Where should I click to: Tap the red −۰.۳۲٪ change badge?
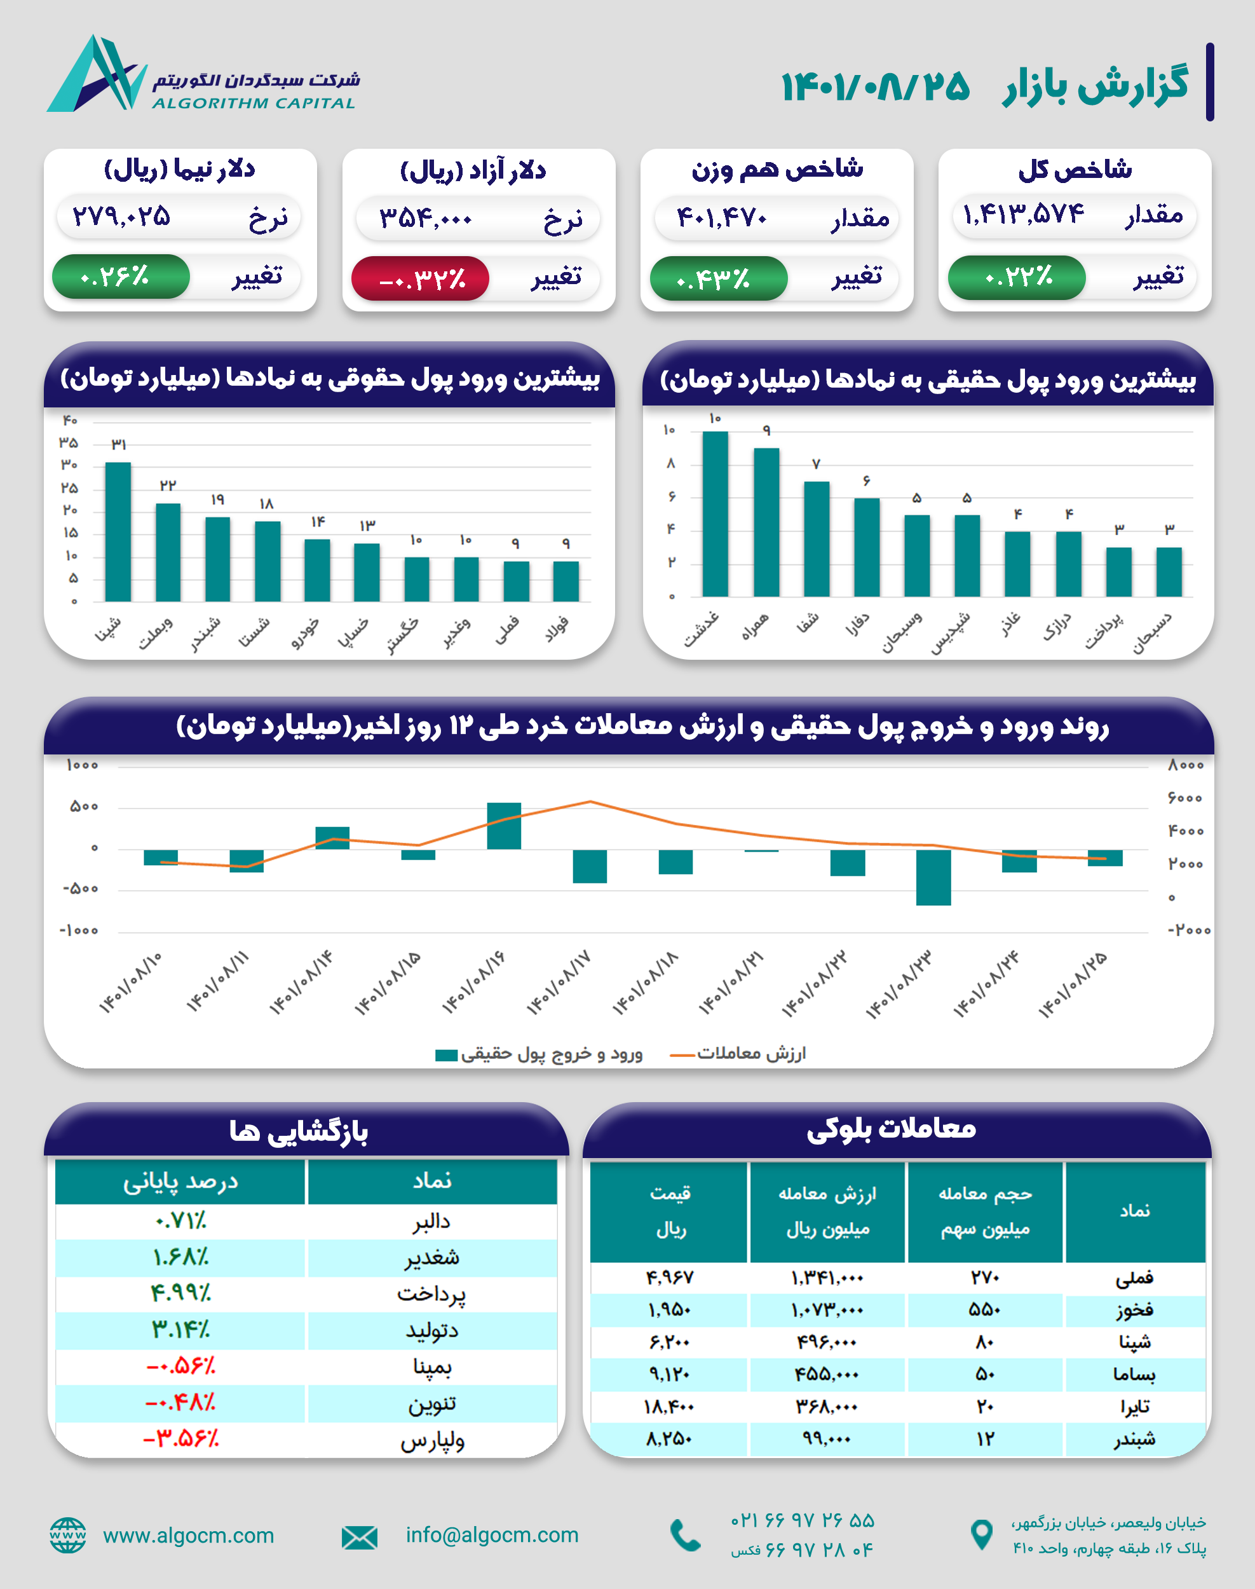(x=420, y=278)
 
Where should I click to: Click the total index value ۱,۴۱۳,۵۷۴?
(x=1023, y=215)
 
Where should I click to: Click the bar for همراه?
(x=766, y=521)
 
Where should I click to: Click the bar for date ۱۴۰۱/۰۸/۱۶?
(x=504, y=826)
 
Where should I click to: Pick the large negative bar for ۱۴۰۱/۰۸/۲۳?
(x=933, y=877)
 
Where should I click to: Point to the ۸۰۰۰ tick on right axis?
(x=1185, y=765)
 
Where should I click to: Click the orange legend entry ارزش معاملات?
(x=738, y=1053)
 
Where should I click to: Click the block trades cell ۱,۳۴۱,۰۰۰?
(x=827, y=1278)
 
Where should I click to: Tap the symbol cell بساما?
(x=1134, y=1374)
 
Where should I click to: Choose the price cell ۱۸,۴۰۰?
(x=668, y=1407)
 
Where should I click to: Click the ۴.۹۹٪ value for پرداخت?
(x=180, y=1293)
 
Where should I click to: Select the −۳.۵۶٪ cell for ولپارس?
(x=180, y=1438)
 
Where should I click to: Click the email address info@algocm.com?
(x=492, y=1534)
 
